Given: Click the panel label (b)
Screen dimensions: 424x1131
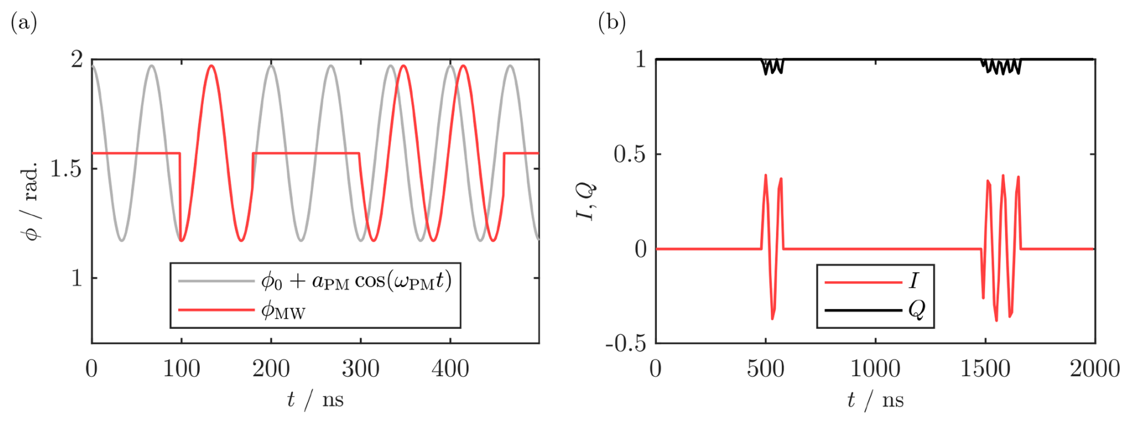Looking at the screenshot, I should pos(612,23).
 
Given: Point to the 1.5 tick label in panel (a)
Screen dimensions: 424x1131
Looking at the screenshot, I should pos(66,169).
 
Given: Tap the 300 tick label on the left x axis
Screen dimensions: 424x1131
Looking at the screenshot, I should pos(360,369).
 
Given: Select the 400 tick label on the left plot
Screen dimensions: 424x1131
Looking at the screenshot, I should pos(450,369).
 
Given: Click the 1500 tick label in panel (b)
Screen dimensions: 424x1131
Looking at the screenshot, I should pos(985,369).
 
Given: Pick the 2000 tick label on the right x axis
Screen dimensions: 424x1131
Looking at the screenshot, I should pos(1095,369).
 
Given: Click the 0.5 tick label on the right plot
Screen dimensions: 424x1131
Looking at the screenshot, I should pos(630,154).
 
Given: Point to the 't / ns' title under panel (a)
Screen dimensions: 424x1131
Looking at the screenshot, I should pos(315,399).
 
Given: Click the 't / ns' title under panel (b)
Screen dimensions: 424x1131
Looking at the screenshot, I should pos(875,399).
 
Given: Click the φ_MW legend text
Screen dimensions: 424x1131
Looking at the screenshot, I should pos(283,311).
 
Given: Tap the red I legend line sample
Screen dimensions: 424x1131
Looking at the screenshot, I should pos(863,282).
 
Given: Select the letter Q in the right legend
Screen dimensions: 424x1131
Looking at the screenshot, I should pos(916,310).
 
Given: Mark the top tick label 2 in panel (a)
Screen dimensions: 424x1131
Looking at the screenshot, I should pos(77,60).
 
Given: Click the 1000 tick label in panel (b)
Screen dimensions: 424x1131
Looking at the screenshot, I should pos(875,369).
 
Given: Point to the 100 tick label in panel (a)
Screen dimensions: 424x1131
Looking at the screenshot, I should pos(182,369).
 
